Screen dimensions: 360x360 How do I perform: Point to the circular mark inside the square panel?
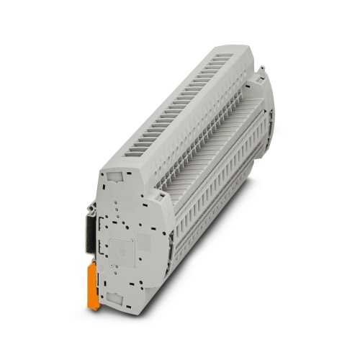(x=123, y=253)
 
